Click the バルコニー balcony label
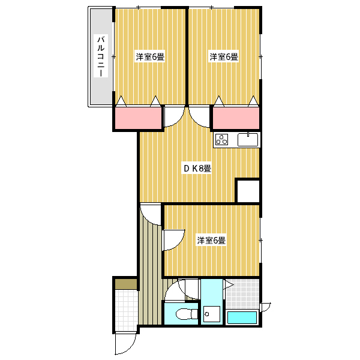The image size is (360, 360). (101, 56)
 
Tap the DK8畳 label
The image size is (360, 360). (197, 169)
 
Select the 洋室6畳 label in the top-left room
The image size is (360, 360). (150, 57)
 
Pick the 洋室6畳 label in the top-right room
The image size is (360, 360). (224, 57)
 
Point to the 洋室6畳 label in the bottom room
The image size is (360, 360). (211, 241)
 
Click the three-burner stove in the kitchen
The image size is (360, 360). (222, 139)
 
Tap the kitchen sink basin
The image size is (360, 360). (248, 139)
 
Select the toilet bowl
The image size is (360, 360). (185, 314)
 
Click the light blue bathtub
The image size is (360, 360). (242, 317)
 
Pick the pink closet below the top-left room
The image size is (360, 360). (138, 118)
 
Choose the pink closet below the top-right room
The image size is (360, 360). (236, 118)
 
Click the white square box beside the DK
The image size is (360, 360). (248, 191)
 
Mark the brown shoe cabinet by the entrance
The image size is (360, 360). (126, 284)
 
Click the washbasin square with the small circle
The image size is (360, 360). (211, 314)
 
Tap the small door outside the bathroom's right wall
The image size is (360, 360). (266, 307)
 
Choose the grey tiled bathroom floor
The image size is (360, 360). (242, 294)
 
